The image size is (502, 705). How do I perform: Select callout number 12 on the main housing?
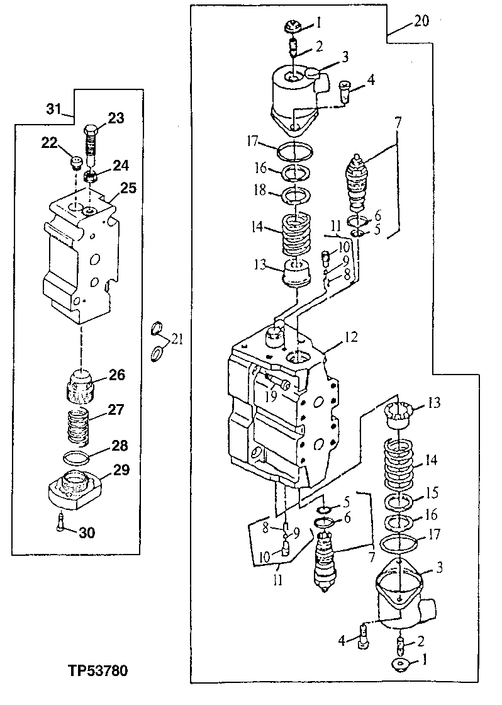click(x=350, y=340)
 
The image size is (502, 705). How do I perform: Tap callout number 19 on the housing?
click(x=272, y=397)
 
